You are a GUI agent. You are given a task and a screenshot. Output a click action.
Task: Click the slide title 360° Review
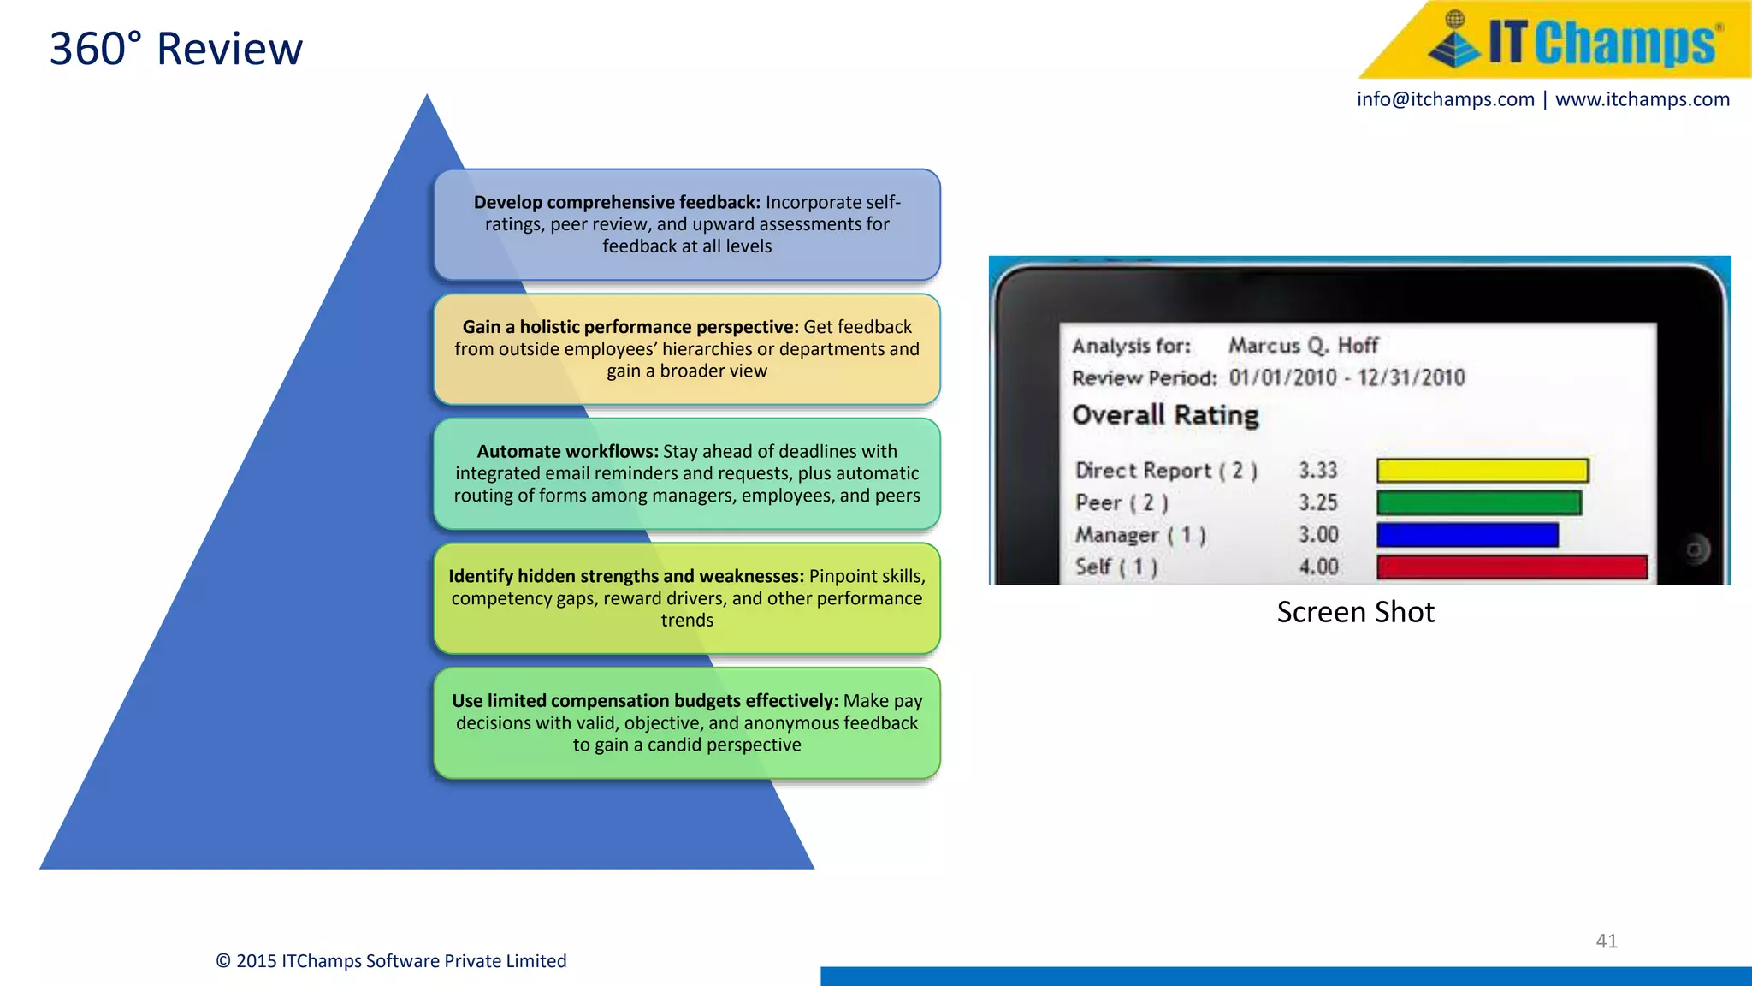[175, 49]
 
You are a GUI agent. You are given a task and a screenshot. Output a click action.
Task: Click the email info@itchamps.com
[1445, 99]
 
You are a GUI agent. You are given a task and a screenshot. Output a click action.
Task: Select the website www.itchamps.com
[1642, 99]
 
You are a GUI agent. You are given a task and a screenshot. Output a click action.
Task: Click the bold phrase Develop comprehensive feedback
[616, 203]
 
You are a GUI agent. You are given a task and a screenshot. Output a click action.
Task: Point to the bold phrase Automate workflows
[567, 452]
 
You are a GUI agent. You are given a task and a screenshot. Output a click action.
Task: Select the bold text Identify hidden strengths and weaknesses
[625, 576]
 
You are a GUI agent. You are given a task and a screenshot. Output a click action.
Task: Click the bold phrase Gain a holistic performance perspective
[630, 327]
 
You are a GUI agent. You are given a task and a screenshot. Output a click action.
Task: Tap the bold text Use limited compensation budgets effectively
[644, 701]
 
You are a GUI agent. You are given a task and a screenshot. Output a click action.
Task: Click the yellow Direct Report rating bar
[1482, 471]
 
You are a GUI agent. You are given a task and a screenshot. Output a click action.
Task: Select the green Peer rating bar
[1478, 502]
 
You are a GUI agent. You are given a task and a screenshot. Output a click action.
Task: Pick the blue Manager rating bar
[1467, 535]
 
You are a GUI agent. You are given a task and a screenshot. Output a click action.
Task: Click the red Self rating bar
[1511, 567]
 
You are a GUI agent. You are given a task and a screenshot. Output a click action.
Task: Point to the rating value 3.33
[1317, 471]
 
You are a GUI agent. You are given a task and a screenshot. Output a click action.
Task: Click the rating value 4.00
[1318, 567]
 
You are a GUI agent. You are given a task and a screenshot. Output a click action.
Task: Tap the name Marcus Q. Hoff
[1303, 346]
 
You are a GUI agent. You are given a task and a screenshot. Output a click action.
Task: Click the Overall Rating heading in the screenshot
[1165, 415]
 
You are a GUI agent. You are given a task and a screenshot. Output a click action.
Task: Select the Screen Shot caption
[1355, 612]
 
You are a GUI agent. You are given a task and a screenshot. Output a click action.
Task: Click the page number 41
[1606, 941]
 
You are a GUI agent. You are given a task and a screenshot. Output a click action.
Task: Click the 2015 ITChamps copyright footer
[391, 961]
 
